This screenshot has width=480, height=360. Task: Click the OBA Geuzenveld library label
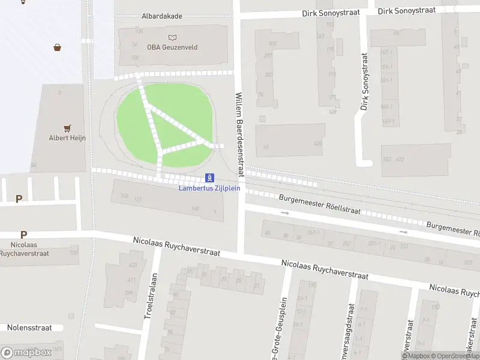point(172,47)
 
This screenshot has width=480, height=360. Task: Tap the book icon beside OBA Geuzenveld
point(173,37)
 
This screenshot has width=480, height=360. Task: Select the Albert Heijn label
point(67,138)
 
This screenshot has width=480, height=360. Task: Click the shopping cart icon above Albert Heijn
point(67,128)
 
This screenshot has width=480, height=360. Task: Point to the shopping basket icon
point(58,47)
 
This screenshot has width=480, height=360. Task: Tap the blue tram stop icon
point(209,178)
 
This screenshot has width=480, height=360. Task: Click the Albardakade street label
point(161,17)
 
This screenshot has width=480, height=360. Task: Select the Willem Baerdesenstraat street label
point(239,134)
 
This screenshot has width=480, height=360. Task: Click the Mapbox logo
point(26,353)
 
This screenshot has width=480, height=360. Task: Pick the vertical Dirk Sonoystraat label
point(364,82)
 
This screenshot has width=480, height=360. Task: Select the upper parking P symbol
point(19,199)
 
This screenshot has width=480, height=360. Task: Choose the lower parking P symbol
point(23,235)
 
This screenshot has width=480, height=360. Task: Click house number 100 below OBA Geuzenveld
point(135,58)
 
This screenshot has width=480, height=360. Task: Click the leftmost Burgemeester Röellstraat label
point(320,205)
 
